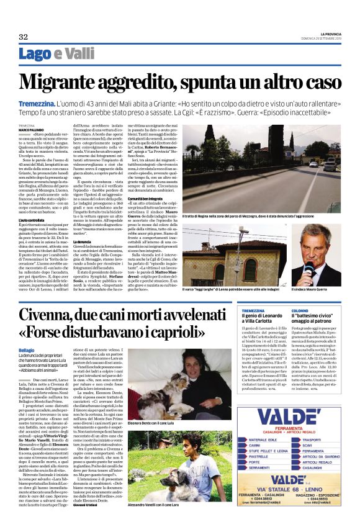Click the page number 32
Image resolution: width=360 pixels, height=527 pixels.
[x=24, y=37]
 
